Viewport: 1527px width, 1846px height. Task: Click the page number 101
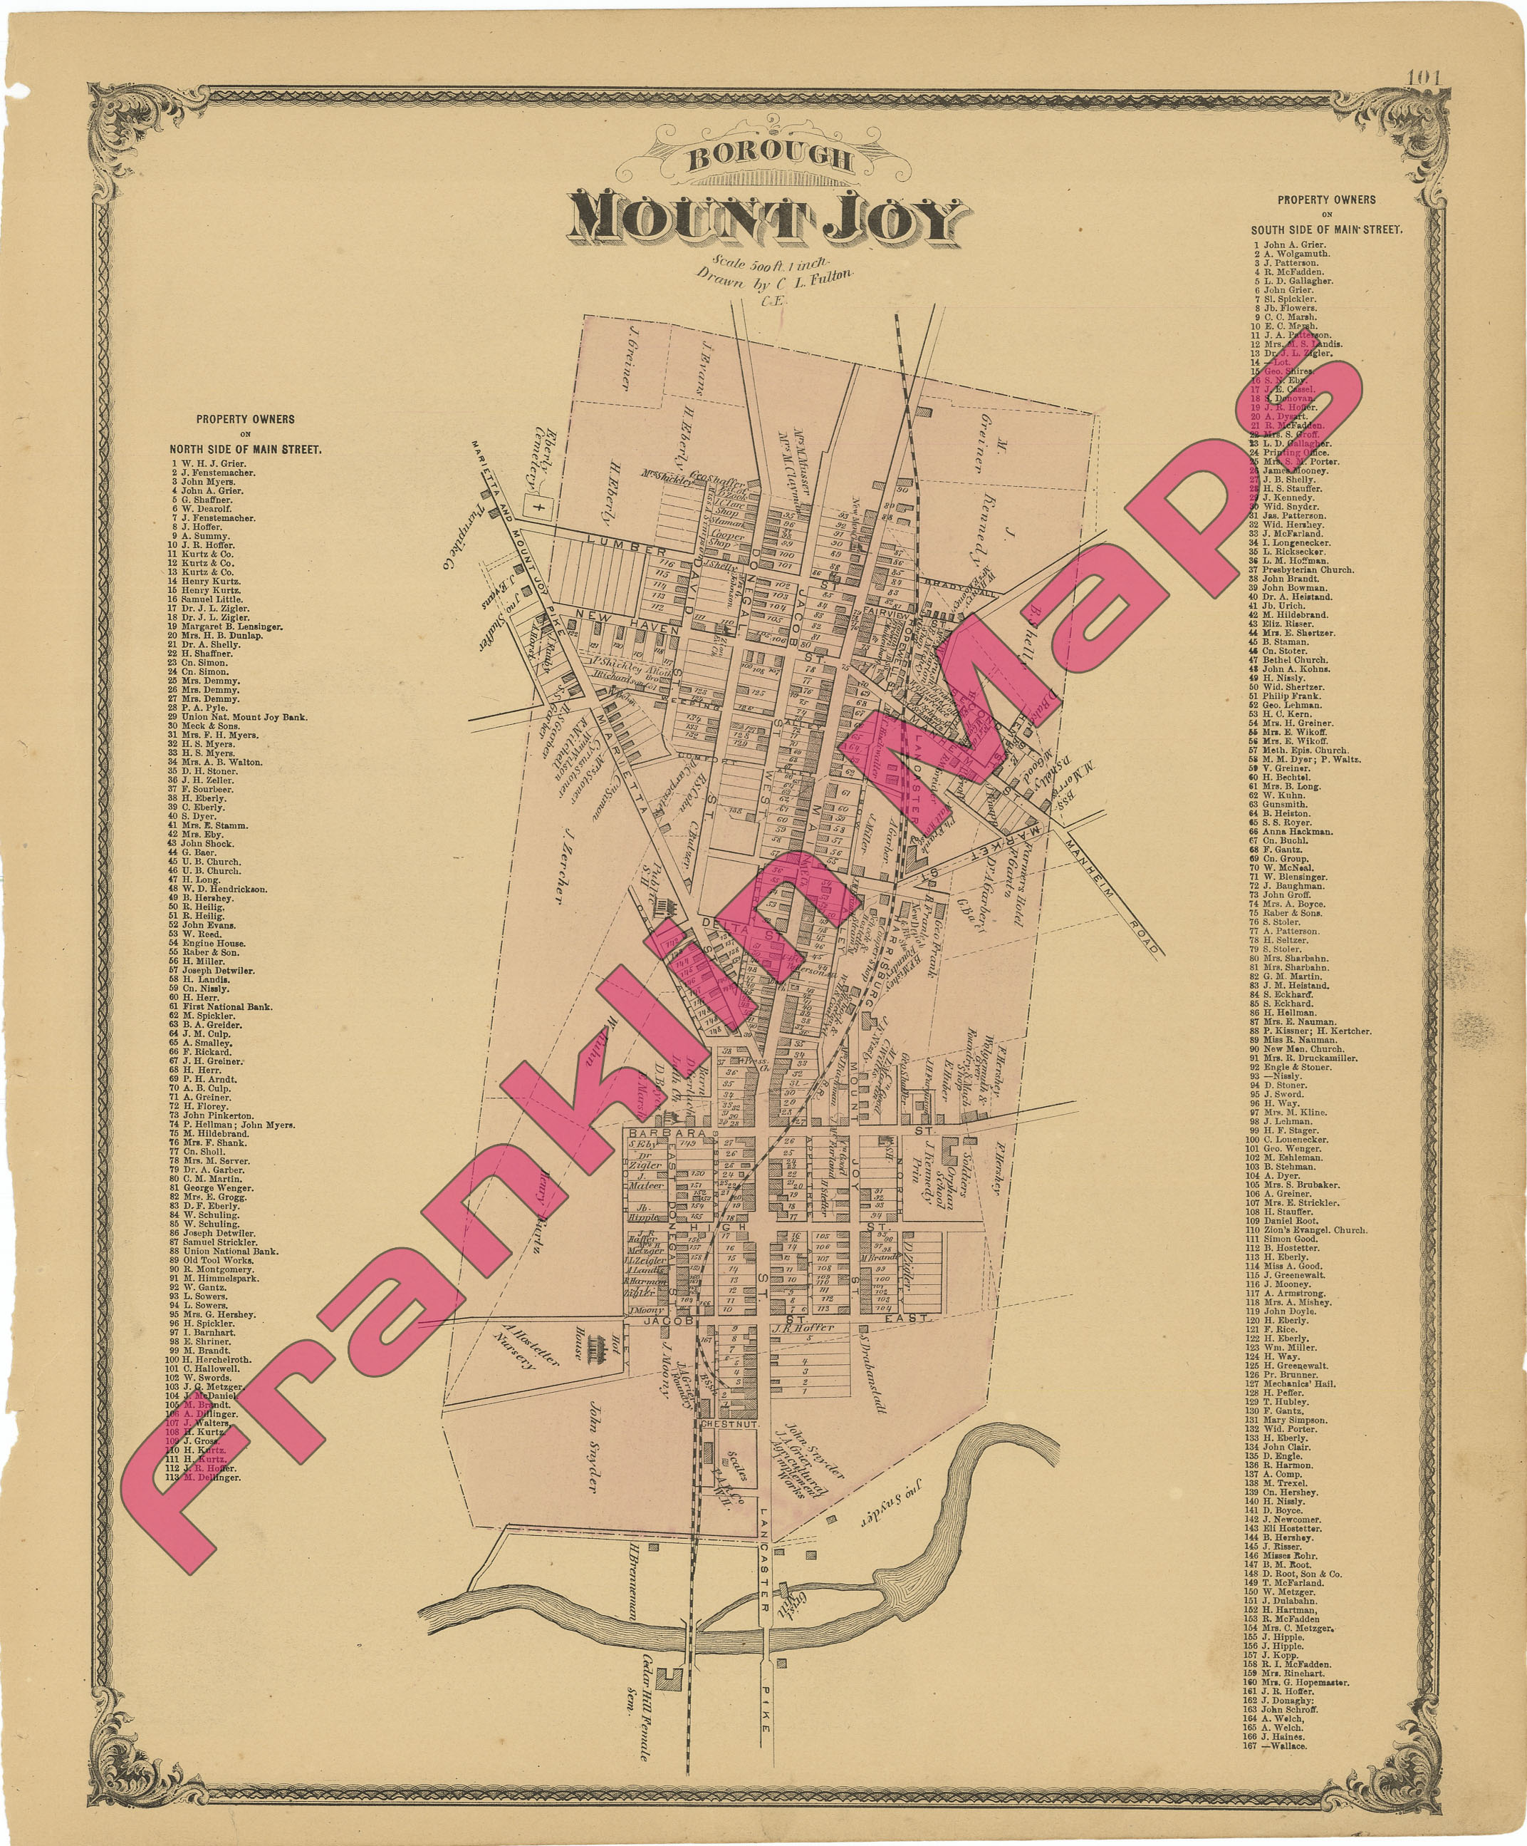pos(1422,78)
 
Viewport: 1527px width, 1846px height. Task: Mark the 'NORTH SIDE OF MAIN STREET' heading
pos(245,449)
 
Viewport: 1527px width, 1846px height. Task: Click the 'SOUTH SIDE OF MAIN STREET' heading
pos(1327,230)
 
